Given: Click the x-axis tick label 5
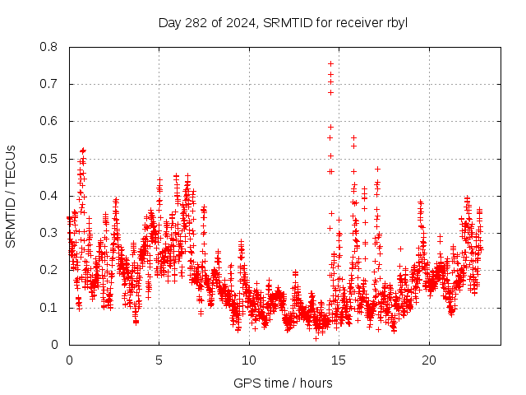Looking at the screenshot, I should [159, 360].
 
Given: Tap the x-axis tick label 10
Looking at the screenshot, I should [249, 360].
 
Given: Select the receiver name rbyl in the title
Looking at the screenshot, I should [394, 22].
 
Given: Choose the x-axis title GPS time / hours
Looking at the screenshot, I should [283, 383].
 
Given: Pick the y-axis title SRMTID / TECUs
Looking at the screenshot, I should [11, 196].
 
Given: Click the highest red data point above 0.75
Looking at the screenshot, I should [330, 63].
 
